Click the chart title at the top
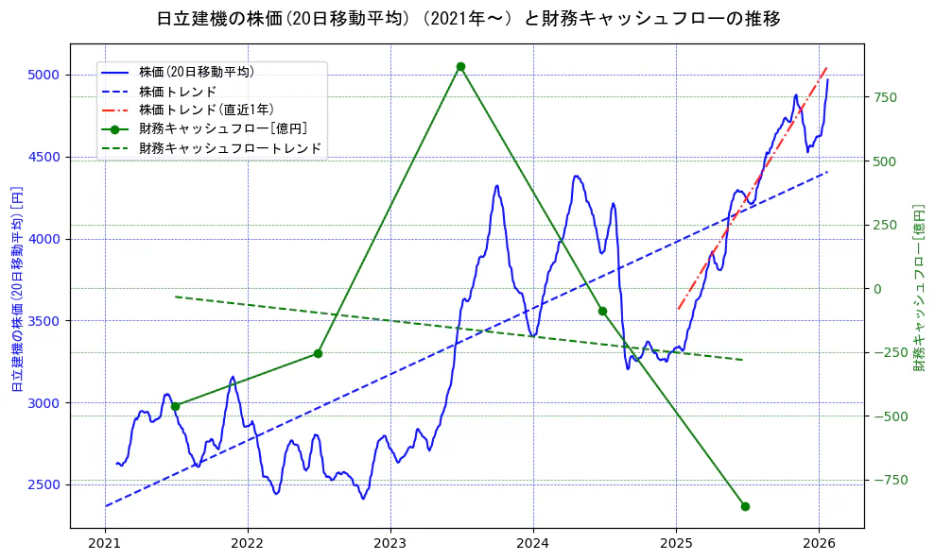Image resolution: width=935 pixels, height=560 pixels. (x=467, y=18)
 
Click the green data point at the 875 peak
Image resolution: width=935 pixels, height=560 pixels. (x=460, y=66)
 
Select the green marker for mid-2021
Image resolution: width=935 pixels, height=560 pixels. (x=175, y=406)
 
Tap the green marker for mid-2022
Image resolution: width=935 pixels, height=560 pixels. (x=318, y=353)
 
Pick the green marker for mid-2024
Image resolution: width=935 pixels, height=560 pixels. (x=602, y=311)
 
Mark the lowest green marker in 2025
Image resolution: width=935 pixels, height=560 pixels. (x=745, y=506)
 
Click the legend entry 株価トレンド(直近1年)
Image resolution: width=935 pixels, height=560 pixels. (x=206, y=110)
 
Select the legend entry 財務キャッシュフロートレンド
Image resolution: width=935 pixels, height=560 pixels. (x=230, y=148)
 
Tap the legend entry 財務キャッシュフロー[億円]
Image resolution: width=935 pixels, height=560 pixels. (x=222, y=128)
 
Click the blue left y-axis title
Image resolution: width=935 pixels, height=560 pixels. (x=16, y=288)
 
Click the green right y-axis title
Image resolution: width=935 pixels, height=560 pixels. (x=919, y=288)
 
